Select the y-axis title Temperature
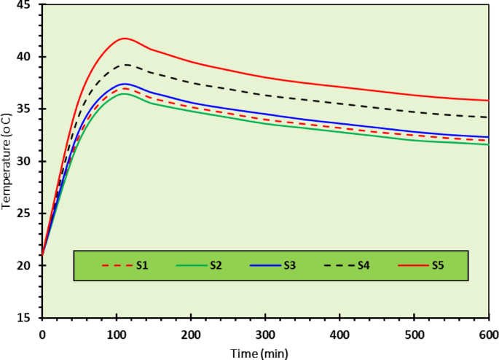point(7,160)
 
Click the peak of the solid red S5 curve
point(125,38)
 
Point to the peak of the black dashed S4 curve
point(125,64)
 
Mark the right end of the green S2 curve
point(488,144)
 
